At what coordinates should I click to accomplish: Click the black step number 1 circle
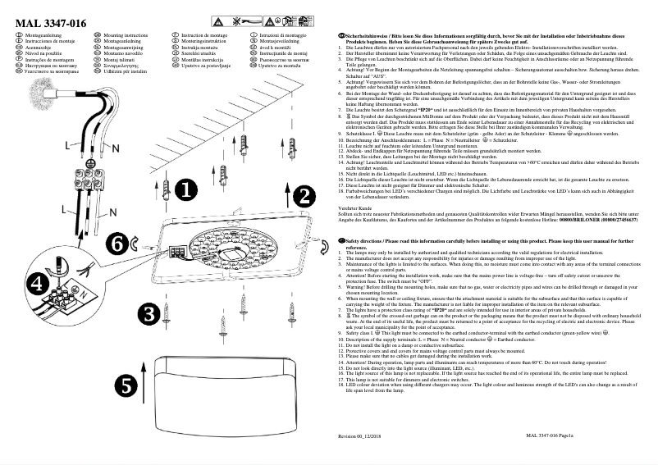(186, 190)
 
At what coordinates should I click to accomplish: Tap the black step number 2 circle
(304, 196)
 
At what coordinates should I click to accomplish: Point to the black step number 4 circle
(36, 283)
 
